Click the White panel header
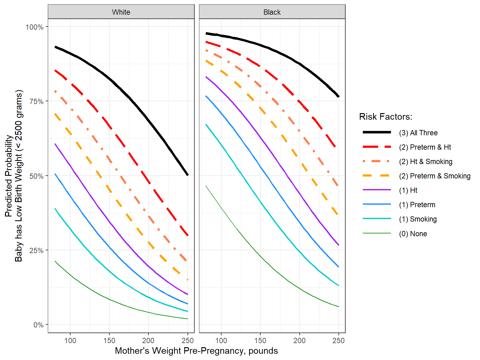(x=121, y=12)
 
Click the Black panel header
(x=272, y=12)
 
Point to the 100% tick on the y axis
(x=34, y=27)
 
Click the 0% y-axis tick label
(x=38, y=325)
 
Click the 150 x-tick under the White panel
(x=109, y=341)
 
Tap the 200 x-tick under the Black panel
(x=299, y=341)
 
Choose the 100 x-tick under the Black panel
(x=221, y=341)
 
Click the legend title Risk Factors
(x=386, y=117)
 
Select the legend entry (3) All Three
(x=418, y=133)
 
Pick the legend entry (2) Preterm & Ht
(x=425, y=147)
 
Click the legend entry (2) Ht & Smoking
(x=425, y=162)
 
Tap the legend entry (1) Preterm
(x=417, y=205)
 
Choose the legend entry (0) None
(x=413, y=234)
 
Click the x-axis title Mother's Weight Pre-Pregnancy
(x=196, y=351)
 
